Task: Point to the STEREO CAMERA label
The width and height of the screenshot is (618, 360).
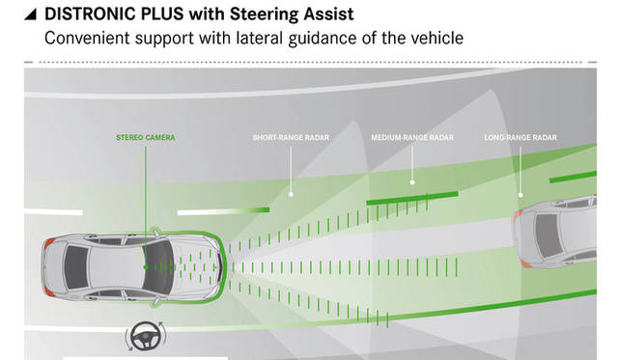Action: [x=145, y=138]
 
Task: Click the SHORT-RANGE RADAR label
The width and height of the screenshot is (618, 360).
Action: [x=291, y=138]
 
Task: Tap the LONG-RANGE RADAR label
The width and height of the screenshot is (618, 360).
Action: [x=521, y=138]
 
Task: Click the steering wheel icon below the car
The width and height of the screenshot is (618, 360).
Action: [x=144, y=337]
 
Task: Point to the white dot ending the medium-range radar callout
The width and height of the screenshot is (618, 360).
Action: [x=412, y=180]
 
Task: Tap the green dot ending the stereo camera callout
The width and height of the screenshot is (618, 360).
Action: [x=146, y=265]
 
